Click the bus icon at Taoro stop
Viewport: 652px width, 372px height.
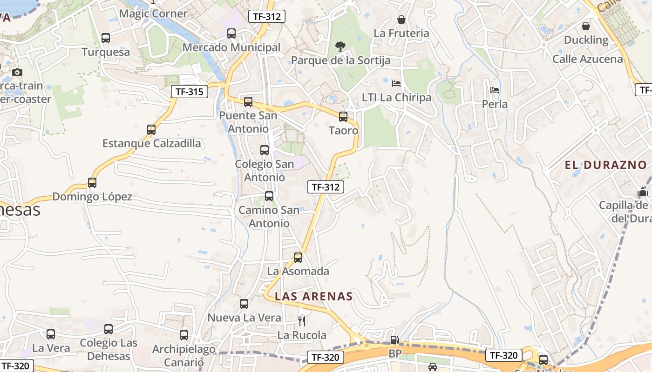coord(343,117)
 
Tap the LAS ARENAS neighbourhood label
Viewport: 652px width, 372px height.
coord(313,296)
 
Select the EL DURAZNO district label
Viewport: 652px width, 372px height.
coord(605,165)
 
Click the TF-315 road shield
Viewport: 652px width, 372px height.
coord(190,92)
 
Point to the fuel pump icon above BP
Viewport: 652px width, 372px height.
coord(394,340)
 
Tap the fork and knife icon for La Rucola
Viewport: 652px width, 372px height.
coord(302,321)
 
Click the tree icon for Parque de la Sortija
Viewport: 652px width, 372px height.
coord(340,46)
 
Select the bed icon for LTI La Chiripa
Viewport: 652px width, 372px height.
coord(396,84)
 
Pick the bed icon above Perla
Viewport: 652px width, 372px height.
coord(495,90)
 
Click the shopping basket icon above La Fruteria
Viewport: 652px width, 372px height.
coord(401,20)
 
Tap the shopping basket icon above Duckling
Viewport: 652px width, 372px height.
coord(586,26)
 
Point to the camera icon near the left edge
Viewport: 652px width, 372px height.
coord(17,72)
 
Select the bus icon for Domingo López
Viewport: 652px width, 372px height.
coord(92,183)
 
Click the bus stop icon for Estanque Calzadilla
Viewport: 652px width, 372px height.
coord(151,130)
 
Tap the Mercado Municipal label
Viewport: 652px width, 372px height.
coord(231,47)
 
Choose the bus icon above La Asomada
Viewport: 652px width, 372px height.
coord(298,257)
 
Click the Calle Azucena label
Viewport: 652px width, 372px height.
coord(587,59)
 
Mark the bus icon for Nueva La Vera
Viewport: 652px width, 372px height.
coord(244,304)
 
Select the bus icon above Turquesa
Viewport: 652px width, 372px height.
coord(106,38)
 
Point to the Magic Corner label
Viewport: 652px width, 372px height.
coord(153,13)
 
